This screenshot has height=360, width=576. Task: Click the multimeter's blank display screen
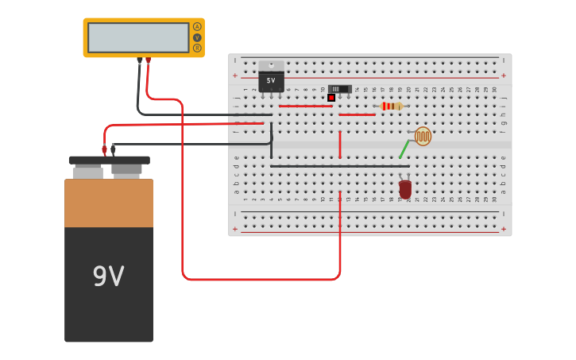pyautogui.click(x=138, y=37)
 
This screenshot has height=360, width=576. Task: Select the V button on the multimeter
pyautogui.click(x=197, y=37)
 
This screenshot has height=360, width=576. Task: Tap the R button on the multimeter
pyautogui.click(x=197, y=48)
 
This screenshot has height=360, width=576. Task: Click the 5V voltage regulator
pyautogui.click(x=271, y=79)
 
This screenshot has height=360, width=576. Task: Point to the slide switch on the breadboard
pyautogui.click(x=339, y=89)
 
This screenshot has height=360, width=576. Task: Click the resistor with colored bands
pyautogui.click(x=391, y=106)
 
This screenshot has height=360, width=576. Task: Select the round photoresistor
pyautogui.click(x=423, y=136)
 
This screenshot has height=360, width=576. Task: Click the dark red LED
pyautogui.click(x=405, y=189)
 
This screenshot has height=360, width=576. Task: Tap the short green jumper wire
pyautogui.click(x=404, y=149)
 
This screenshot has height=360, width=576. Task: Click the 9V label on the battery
pyautogui.click(x=109, y=277)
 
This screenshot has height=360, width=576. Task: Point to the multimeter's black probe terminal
pyautogui.click(x=140, y=60)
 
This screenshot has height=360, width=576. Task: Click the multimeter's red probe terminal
pyautogui.click(x=148, y=60)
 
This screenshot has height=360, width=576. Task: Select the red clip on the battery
pyautogui.click(x=104, y=149)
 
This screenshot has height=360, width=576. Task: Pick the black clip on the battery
pyautogui.click(x=113, y=149)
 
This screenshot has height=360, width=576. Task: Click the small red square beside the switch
pyautogui.click(x=331, y=98)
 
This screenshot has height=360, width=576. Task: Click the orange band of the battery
pyautogui.click(x=109, y=203)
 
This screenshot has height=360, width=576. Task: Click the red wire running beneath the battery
pyautogui.click(x=262, y=279)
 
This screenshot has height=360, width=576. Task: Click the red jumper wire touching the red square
pyautogui.click(x=305, y=106)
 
